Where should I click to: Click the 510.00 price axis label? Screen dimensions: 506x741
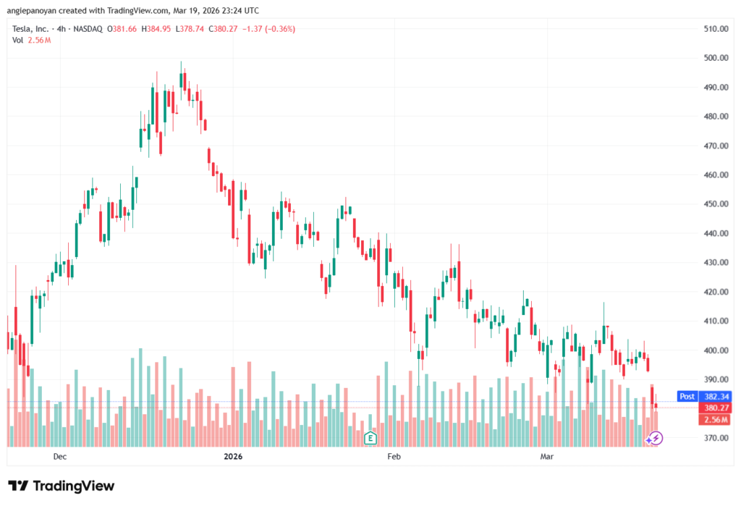716,29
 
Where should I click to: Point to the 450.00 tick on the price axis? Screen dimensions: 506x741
716,204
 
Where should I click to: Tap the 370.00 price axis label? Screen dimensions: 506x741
716,438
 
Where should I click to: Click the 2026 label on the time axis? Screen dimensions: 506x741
233,457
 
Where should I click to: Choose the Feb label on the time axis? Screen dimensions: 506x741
394,457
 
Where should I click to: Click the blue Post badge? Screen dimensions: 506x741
687,397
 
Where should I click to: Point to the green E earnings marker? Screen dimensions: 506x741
370,437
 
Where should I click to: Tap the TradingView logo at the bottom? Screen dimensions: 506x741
62,486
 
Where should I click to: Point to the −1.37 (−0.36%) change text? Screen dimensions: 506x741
270,29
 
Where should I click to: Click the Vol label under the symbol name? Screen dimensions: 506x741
18,40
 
